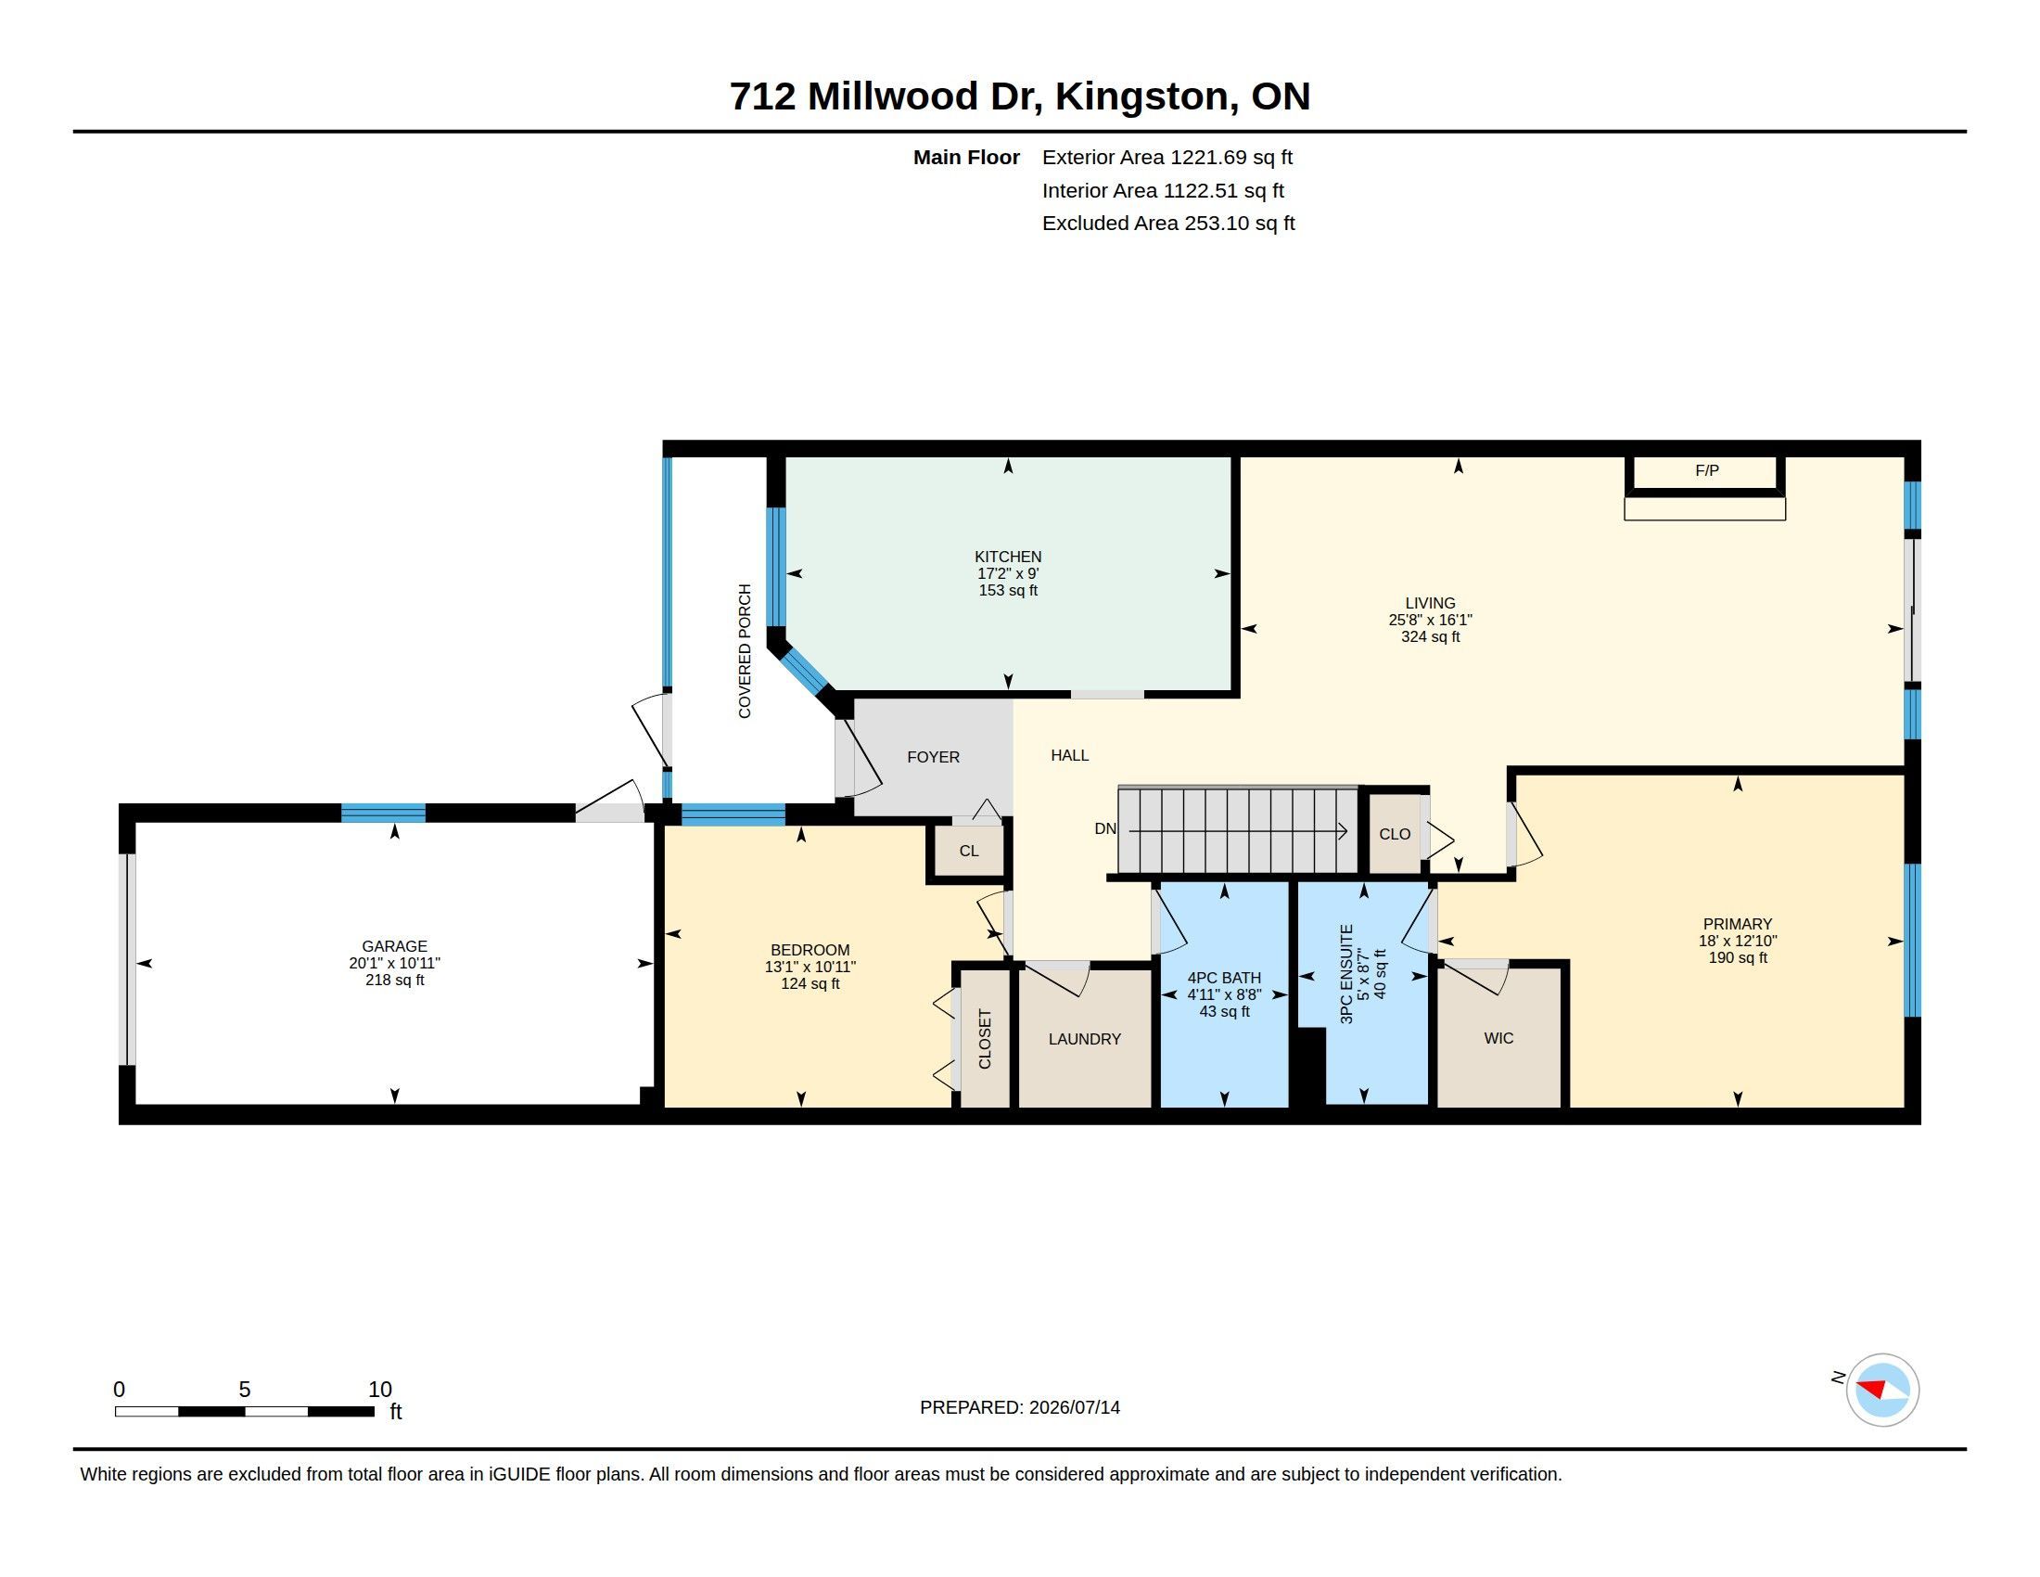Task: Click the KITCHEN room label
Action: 1008,557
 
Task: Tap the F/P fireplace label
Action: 1706,471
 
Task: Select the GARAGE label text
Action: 394,946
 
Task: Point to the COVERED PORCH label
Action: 745,651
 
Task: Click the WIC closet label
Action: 1498,1039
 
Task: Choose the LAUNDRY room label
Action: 1085,1039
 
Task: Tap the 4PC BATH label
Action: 1224,978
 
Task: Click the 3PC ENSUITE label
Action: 1346,974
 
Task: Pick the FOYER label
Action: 933,757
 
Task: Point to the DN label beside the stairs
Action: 1105,828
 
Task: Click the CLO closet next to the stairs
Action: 1395,834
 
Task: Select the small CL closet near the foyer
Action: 969,851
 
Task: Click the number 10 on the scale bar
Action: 379,1390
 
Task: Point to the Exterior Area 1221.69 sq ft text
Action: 1167,158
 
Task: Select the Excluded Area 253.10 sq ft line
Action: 1168,224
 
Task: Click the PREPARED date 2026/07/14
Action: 1074,1407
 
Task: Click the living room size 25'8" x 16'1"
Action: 1430,621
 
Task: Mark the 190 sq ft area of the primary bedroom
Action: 1738,957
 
